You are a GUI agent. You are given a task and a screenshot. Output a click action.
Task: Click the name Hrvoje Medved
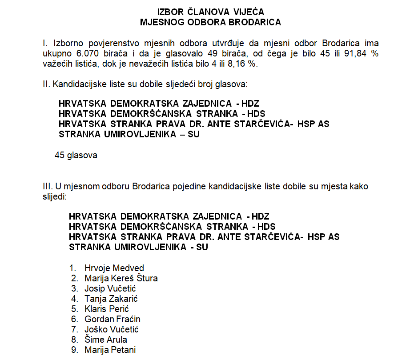click(114, 268)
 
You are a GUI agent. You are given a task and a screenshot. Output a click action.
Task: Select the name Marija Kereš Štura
click(121, 278)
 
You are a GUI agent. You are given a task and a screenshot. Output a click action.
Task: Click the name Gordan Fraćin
click(113, 319)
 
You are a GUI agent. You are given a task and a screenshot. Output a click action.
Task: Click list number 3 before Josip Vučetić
click(74, 288)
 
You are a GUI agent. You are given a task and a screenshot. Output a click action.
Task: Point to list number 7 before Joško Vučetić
click(74, 329)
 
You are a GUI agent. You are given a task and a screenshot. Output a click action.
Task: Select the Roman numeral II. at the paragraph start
click(45, 84)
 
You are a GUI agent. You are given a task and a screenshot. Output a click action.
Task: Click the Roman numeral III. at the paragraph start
click(47, 186)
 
